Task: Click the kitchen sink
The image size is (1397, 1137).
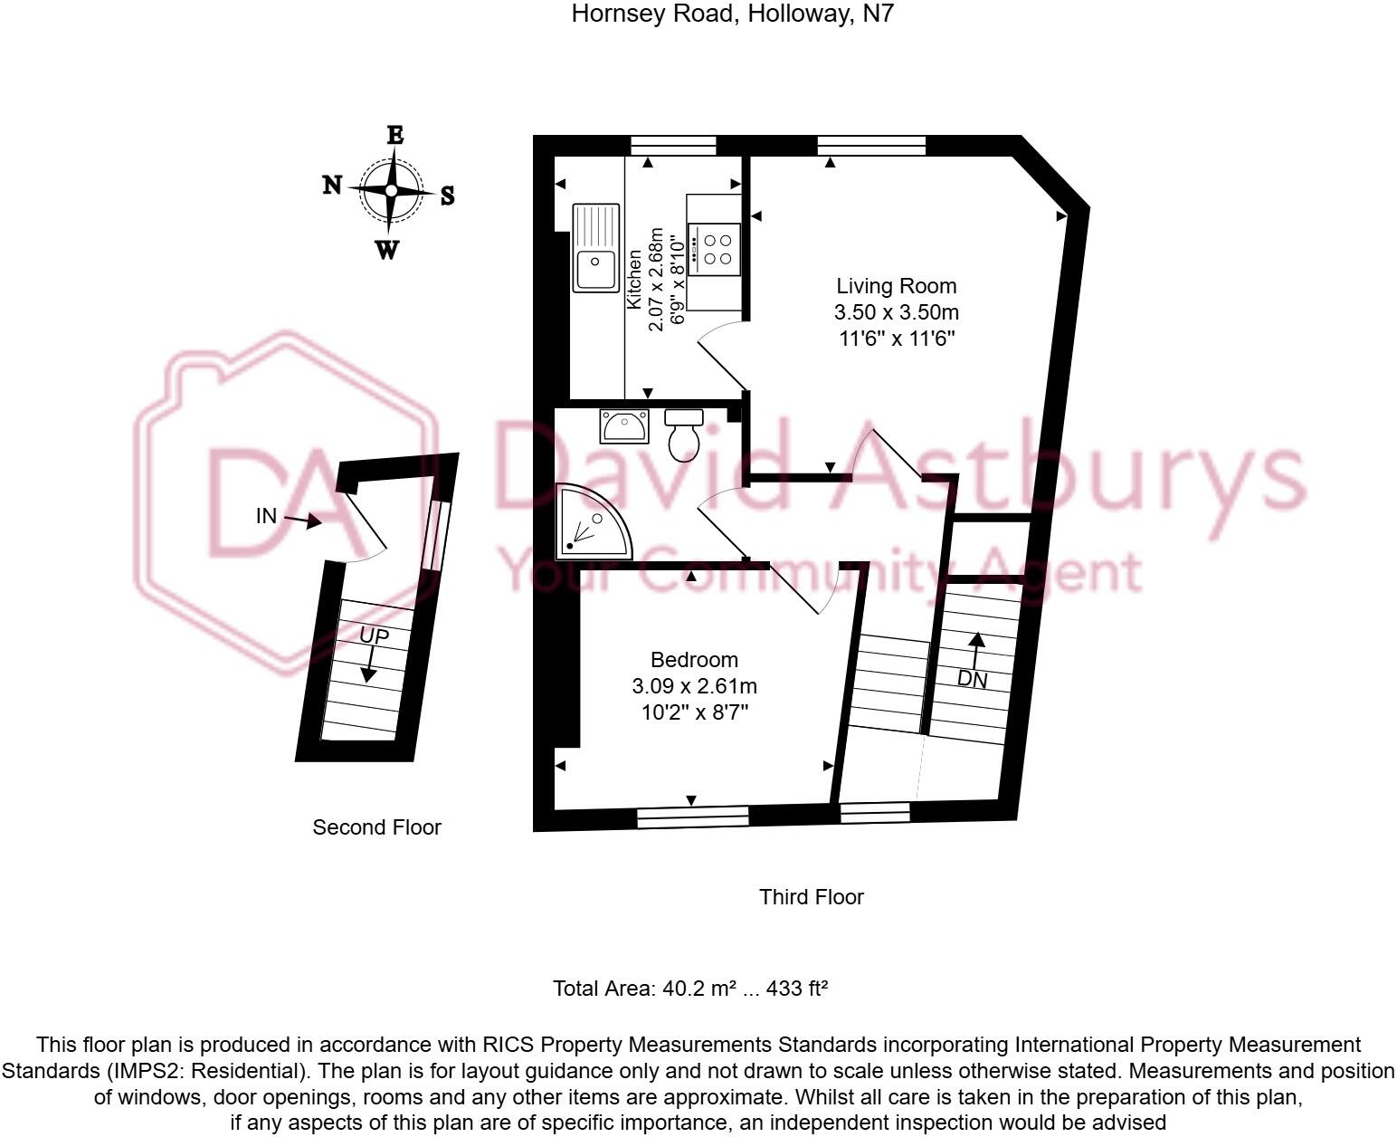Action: pos(595,248)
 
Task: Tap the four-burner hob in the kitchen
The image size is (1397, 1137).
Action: pos(714,249)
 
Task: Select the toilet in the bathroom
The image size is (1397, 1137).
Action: pos(683,435)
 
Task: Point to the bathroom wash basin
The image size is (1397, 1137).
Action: pos(623,425)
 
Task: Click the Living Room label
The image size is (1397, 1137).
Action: pos(896,286)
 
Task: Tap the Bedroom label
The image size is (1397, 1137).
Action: pos(694,659)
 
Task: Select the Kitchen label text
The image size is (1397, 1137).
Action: pos(634,280)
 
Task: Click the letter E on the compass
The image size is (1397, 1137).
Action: pos(394,135)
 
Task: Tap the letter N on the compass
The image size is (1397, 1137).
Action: pos(333,185)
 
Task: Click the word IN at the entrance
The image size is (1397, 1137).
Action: pos(266,516)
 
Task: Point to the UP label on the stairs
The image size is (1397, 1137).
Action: pos(374,635)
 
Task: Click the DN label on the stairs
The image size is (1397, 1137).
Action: pos(972,679)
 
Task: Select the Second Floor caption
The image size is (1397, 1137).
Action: pos(376,827)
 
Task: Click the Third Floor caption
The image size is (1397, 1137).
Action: pos(812,897)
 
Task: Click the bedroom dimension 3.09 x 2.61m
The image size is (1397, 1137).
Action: pos(695,686)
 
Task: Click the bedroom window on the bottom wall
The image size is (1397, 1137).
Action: pos(692,817)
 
